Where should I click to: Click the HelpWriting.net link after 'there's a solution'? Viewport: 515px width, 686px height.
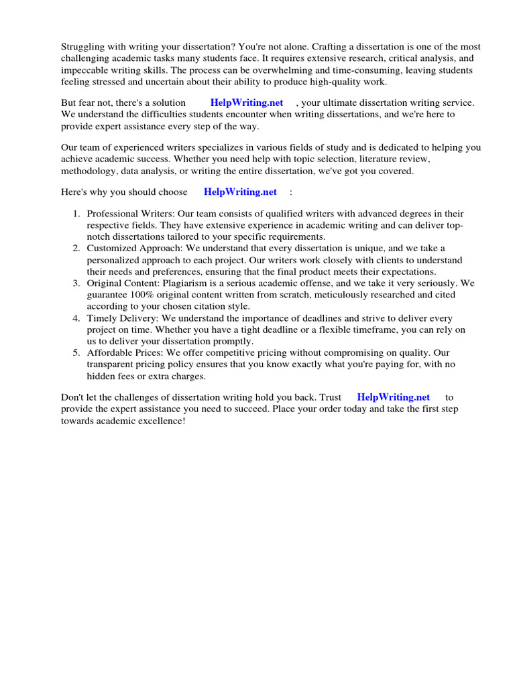click(x=247, y=102)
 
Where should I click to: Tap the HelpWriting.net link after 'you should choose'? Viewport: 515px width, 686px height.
click(x=240, y=192)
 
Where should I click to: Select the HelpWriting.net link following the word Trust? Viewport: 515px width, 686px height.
click(x=394, y=397)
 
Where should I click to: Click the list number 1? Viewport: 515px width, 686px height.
click(x=76, y=214)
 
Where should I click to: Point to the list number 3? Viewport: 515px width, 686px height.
click(x=76, y=283)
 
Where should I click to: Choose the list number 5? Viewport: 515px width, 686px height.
click(x=76, y=353)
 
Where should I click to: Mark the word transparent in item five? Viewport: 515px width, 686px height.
click(x=110, y=364)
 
